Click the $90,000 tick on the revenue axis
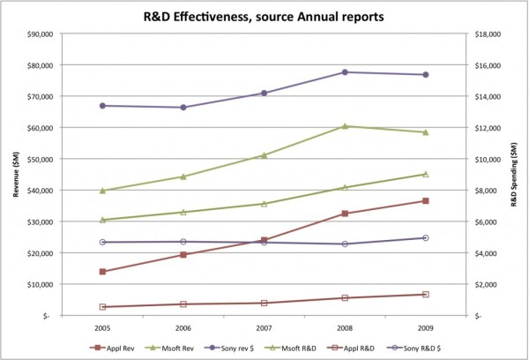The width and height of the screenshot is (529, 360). click(38, 34)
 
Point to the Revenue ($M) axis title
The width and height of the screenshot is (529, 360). click(12, 175)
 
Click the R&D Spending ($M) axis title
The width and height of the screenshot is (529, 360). click(518, 175)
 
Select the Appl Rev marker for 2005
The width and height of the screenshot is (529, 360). click(103, 272)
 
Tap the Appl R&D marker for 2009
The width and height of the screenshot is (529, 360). click(426, 294)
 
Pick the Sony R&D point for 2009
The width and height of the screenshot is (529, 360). click(426, 238)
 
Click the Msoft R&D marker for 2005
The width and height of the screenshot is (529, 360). click(103, 220)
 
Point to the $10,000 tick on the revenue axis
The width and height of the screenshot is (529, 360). click(38, 284)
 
